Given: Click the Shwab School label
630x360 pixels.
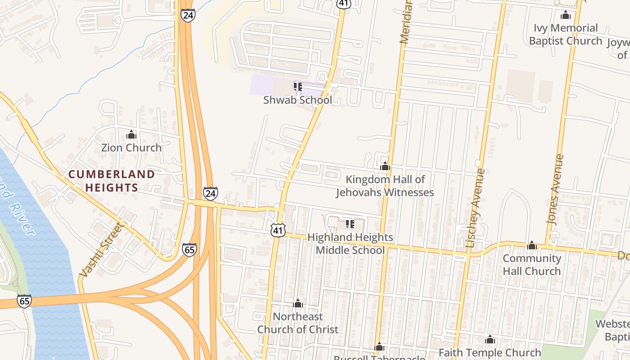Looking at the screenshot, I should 297,100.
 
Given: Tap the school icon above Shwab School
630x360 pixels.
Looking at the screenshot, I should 297,86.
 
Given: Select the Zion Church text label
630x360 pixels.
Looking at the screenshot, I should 131,148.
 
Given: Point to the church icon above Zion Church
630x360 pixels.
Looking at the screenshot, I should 131,135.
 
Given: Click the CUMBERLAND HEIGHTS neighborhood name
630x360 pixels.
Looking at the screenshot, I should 112,181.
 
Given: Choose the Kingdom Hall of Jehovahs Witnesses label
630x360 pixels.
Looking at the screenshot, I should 385,186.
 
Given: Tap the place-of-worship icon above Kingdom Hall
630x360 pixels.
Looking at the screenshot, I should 385,166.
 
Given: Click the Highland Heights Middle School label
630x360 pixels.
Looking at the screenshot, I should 350,243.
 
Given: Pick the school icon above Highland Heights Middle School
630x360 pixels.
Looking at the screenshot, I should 350,224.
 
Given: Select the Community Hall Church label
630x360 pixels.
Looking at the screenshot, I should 531,265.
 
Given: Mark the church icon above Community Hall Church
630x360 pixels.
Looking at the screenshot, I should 532,245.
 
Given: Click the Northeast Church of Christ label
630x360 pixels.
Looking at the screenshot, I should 297,323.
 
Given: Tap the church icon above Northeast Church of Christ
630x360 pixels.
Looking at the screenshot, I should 298,303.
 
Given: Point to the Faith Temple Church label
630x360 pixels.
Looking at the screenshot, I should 490,352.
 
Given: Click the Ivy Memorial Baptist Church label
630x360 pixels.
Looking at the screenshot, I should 565,34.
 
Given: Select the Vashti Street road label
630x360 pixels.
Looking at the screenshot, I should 100,250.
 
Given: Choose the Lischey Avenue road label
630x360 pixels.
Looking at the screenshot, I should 475,208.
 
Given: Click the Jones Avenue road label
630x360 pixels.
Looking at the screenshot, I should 555,189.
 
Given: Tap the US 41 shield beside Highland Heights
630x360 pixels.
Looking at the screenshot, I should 278,230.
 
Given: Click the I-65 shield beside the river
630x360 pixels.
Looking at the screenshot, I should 25,301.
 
